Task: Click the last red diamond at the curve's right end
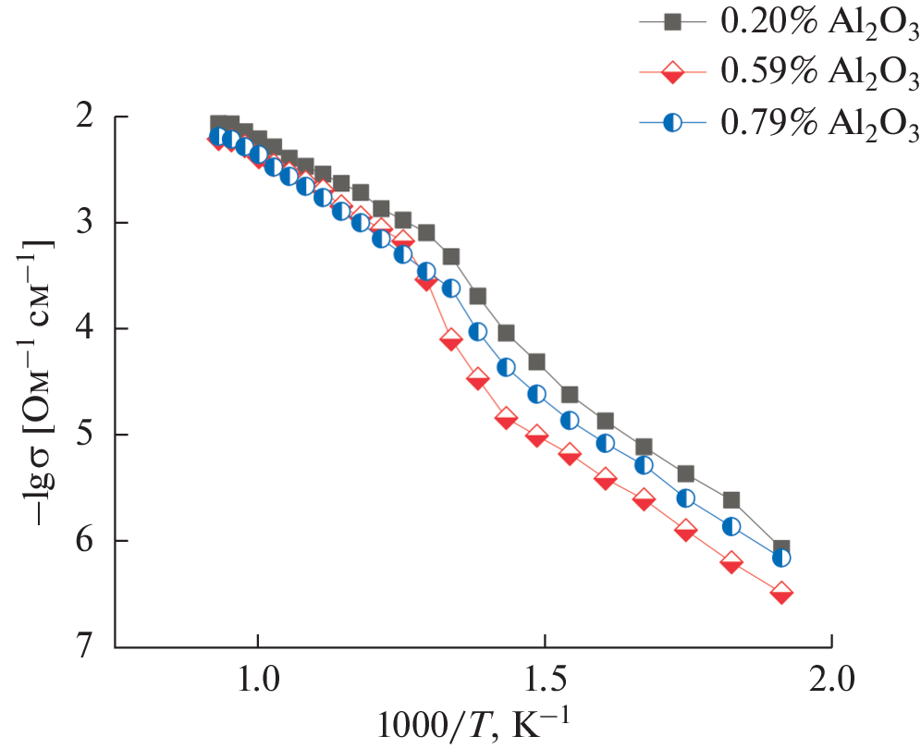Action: pyautogui.click(x=781, y=594)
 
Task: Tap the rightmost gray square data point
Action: pyautogui.click(x=781, y=548)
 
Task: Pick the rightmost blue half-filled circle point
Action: pyautogui.click(x=781, y=558)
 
